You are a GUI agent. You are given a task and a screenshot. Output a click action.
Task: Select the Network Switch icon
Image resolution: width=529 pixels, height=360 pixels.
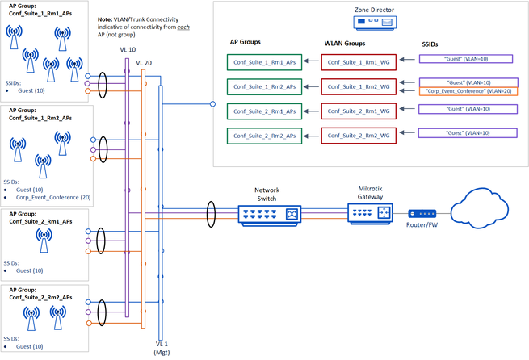(x=270, y=214)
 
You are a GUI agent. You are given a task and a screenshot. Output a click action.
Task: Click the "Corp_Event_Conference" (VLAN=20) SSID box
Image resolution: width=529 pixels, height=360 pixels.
(x=467, y=91)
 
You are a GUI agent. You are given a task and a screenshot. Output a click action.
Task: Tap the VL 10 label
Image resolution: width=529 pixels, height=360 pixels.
(x=128, y=49)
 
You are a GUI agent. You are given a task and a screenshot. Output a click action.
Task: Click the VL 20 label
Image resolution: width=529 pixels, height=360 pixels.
(x=145, y=63)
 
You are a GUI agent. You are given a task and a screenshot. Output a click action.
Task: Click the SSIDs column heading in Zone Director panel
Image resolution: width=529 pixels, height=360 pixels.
(x=435, y=42)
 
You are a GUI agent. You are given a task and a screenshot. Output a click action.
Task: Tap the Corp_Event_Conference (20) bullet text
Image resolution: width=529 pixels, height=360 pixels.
(x=51, y=196)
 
